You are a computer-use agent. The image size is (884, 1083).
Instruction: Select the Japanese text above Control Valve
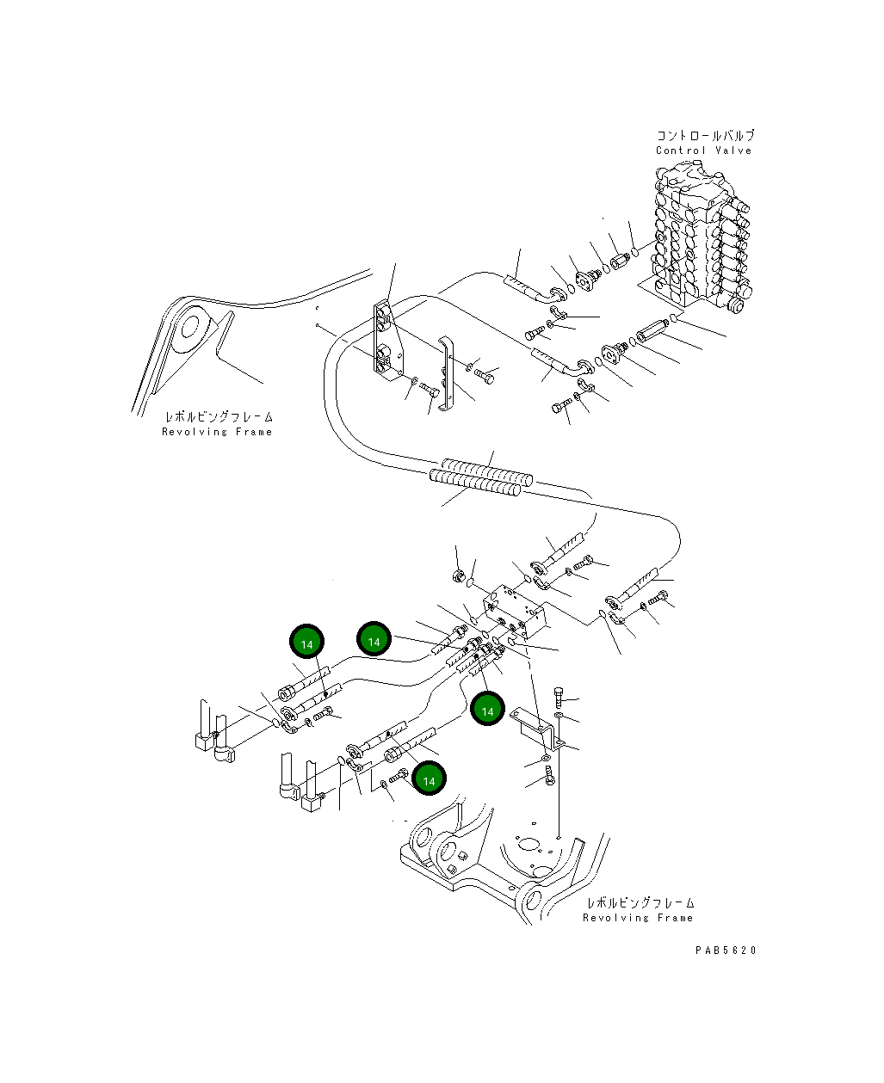706,136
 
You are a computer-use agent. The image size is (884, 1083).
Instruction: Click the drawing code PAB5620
726,951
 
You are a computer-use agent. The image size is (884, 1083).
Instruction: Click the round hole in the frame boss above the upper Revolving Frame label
189,325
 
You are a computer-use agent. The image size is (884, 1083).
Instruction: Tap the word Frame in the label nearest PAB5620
676,918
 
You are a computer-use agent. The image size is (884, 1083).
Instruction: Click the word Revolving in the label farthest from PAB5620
195,432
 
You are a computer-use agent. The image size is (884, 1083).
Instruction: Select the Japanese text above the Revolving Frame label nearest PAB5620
640,902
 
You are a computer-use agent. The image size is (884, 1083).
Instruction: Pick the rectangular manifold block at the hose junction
515,610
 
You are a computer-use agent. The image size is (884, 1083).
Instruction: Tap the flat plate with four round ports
388,339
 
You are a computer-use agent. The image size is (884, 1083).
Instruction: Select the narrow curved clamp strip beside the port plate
446,373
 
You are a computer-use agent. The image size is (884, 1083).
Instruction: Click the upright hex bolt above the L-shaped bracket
559,697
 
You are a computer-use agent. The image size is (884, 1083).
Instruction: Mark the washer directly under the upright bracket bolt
559,716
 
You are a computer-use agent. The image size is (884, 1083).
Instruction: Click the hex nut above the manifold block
459,575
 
